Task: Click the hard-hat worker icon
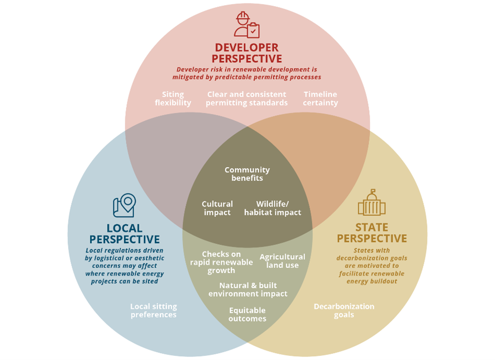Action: [246, 25]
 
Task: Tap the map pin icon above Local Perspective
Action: [124, 205]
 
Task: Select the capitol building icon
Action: [371, 203]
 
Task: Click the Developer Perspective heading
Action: [247, 53]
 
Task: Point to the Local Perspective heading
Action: [124, 234]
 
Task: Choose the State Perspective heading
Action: [371, 233]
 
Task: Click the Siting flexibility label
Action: [173, 99]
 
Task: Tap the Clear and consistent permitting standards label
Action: [246, 99]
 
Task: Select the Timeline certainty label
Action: [320, 99]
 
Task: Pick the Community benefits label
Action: [247, 174]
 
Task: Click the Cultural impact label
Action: [217, 208]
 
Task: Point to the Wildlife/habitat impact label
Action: [273, 208]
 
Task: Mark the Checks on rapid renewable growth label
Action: [221, 262]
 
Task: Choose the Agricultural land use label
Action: [282, 261]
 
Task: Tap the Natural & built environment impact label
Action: [248, 290]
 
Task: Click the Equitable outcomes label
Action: [247, 314]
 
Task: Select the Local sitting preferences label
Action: [154, 310]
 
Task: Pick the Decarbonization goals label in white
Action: [344, 310]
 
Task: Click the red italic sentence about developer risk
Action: [246, 73]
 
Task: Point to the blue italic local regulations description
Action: [124, 266]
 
